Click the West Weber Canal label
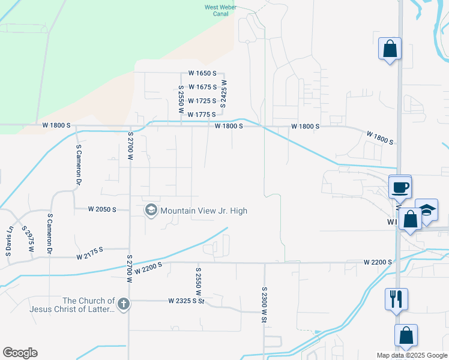click(220, 11)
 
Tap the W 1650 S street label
click(202, 73)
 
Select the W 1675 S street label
click(202, 87)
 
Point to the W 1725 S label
click(202, 101)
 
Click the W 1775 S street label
click(201, 114)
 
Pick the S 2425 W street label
click(223, 94)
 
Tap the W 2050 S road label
click(101, 209)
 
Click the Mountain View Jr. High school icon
click(151, 211)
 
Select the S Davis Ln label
click(9, 242)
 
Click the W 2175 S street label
click(90, 257)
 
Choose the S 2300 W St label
click(264, 305)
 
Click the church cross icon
click(124, 304)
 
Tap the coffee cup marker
click(400, 187)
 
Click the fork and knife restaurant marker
click(396, 298)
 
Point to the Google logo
click(20, 353)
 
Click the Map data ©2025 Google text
click(412, 355)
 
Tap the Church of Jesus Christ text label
click(89, 305)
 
